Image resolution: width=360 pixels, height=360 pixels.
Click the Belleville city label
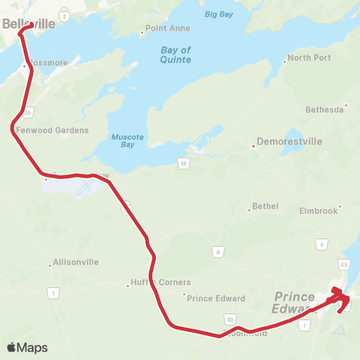pos(28,24)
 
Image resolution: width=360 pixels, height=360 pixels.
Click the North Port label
pos(308,58)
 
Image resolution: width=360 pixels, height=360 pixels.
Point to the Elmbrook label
pos(318,211)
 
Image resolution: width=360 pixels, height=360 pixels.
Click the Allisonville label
pos(76,263)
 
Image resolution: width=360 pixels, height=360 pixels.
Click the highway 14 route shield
pos(182,163)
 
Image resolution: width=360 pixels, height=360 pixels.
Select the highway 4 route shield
pos(217,251)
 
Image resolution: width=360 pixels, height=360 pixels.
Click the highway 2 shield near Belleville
pos(65,15)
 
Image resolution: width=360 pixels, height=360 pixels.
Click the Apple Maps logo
pos(27,347)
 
